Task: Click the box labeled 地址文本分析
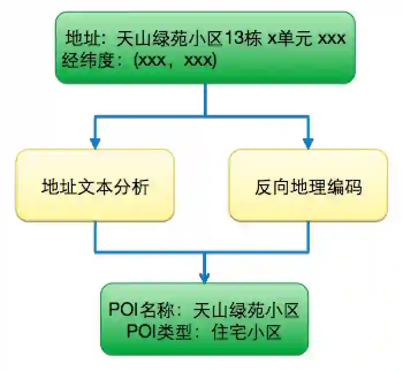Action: tap(95, 185)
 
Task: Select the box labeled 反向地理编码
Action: tap(308, 185)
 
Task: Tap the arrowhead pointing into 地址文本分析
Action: tap(95, 142)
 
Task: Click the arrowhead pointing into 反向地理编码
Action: tap(308, 142)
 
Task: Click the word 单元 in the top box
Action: tap(296, 39)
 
